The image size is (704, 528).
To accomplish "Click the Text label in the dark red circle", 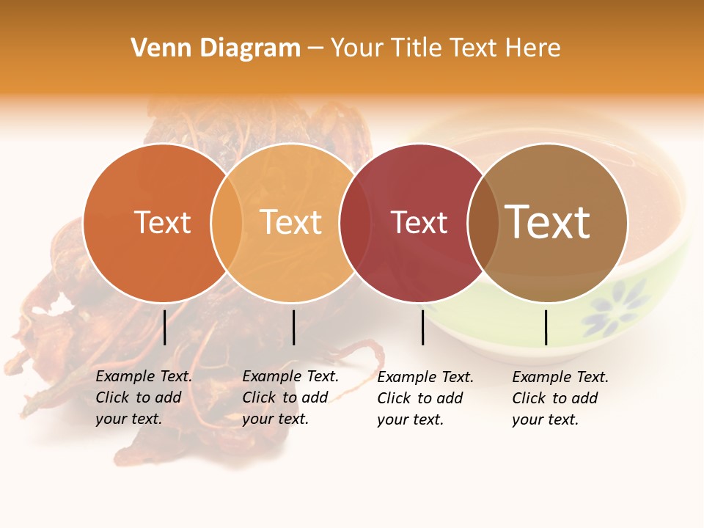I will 419,223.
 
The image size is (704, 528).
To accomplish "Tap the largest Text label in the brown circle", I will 547,221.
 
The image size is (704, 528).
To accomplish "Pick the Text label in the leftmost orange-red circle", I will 162,223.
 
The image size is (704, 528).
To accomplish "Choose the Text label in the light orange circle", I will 290,222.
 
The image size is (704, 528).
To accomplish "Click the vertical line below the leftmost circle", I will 164,327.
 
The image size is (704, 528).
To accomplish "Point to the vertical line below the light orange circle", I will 293,327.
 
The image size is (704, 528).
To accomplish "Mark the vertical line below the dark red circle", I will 422,327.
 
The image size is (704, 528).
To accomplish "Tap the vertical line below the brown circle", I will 546,327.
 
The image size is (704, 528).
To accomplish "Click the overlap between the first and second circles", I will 227,223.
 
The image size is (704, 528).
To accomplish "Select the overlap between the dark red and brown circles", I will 483,223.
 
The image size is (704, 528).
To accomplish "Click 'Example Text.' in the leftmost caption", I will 144,376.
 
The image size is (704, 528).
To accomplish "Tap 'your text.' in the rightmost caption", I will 545,419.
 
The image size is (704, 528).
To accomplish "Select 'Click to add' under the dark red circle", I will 420,398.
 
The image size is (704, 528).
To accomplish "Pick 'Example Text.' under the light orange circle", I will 290,376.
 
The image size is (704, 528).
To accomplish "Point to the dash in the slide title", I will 315,48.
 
